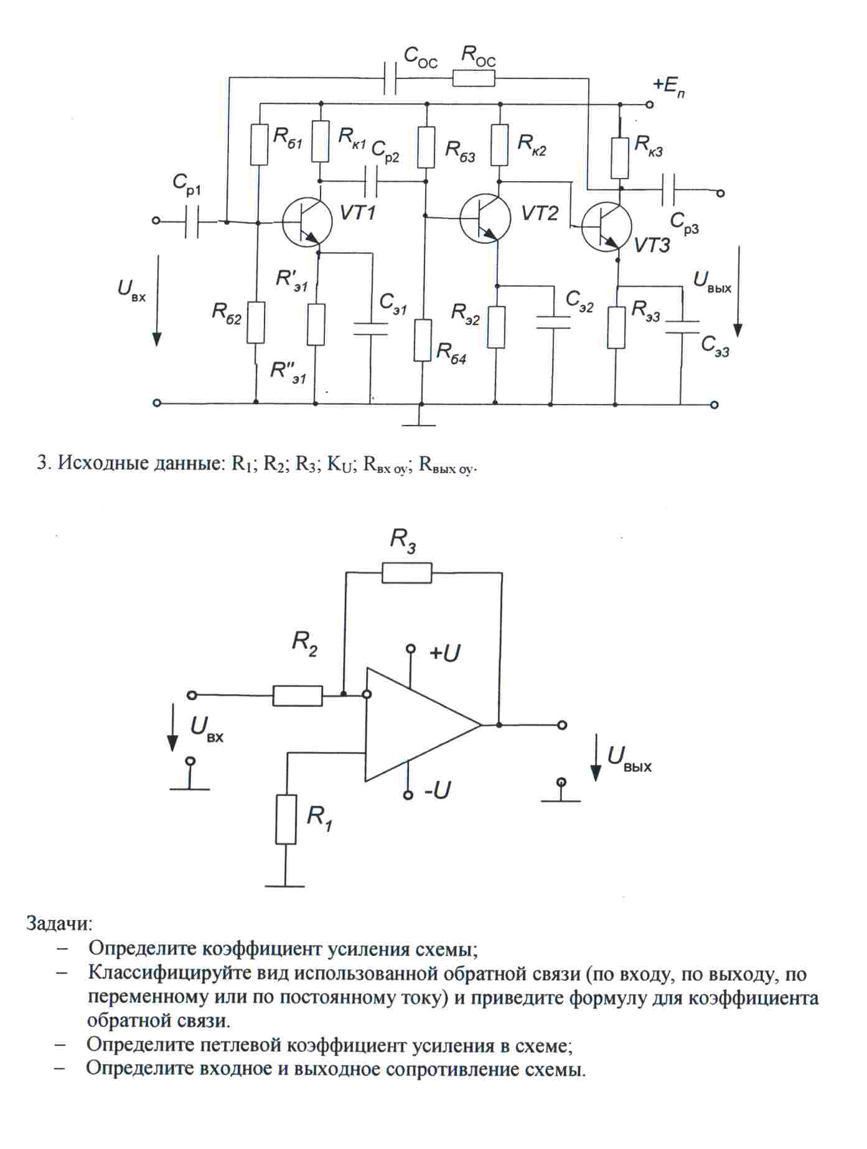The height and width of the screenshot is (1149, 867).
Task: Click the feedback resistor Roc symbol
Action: pos(474,78)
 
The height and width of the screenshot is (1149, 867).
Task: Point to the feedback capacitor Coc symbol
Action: pos(390,78)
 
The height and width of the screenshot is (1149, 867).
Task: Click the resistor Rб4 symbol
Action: pos(423,340)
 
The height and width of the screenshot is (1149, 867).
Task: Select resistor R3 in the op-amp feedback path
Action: pos(406,573)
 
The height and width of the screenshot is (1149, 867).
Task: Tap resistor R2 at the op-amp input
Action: pos(298,695)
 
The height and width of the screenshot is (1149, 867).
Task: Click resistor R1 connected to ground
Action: pos(286,819)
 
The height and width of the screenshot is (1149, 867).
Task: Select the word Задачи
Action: pos(59,922)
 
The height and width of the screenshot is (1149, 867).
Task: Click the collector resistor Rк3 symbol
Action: pos(620,158)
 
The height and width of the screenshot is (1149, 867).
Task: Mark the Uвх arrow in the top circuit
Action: pos(157,300)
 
